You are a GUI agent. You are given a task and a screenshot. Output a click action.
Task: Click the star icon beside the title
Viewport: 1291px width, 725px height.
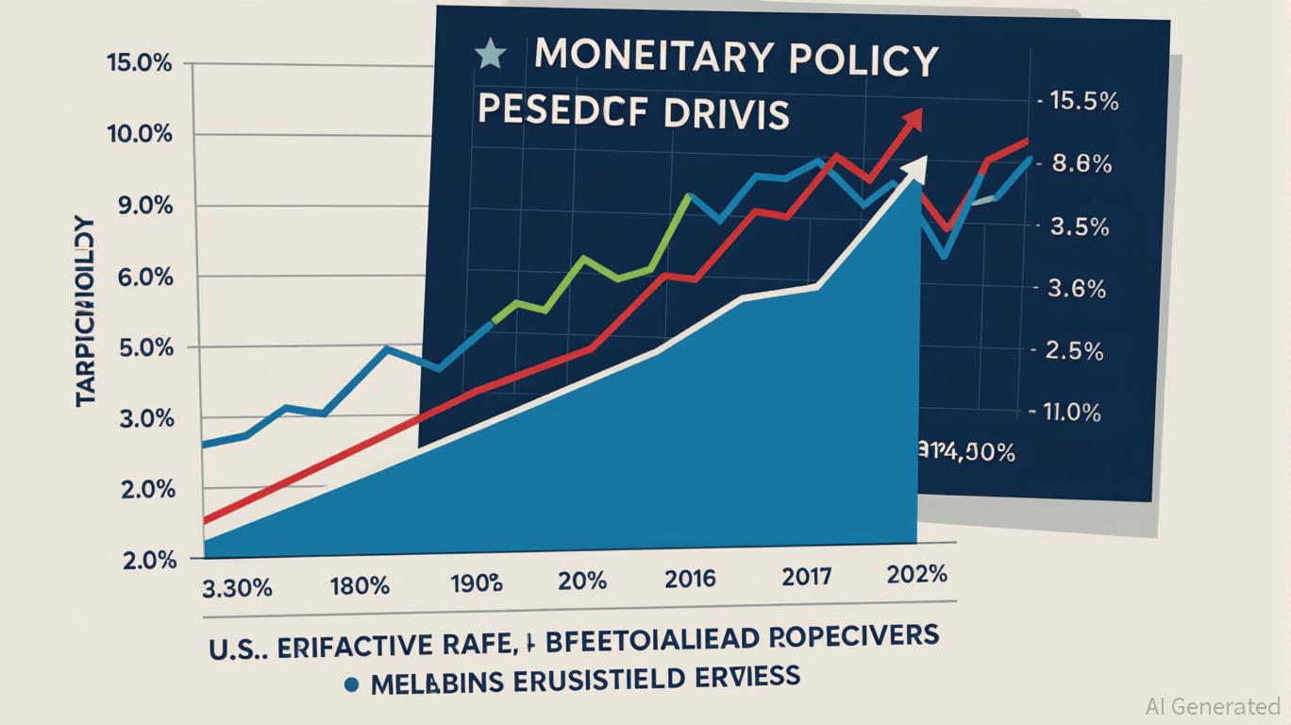pyautogui.click(x=489, y=57)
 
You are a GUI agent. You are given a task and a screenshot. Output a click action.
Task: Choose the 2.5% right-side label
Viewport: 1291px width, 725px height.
pyautogui.click(x=1074, y=350)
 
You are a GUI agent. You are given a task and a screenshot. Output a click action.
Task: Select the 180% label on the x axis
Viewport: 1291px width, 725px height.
pyautogui.click(x=359, y=585)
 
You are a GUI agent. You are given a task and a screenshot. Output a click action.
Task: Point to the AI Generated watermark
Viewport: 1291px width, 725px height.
pyautogui.click(x=1213, y=705)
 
